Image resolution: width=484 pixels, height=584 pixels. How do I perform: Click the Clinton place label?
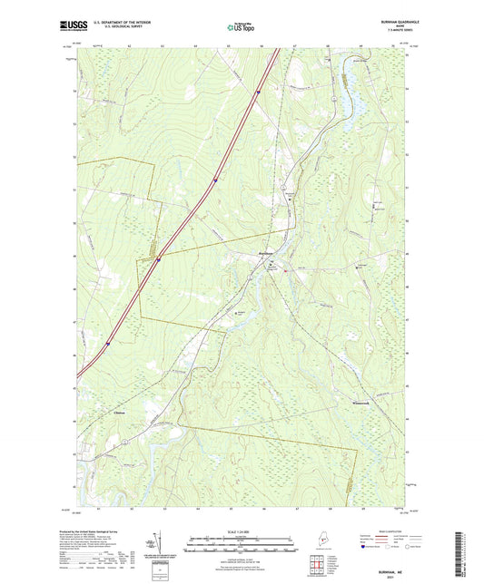(121, 414)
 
